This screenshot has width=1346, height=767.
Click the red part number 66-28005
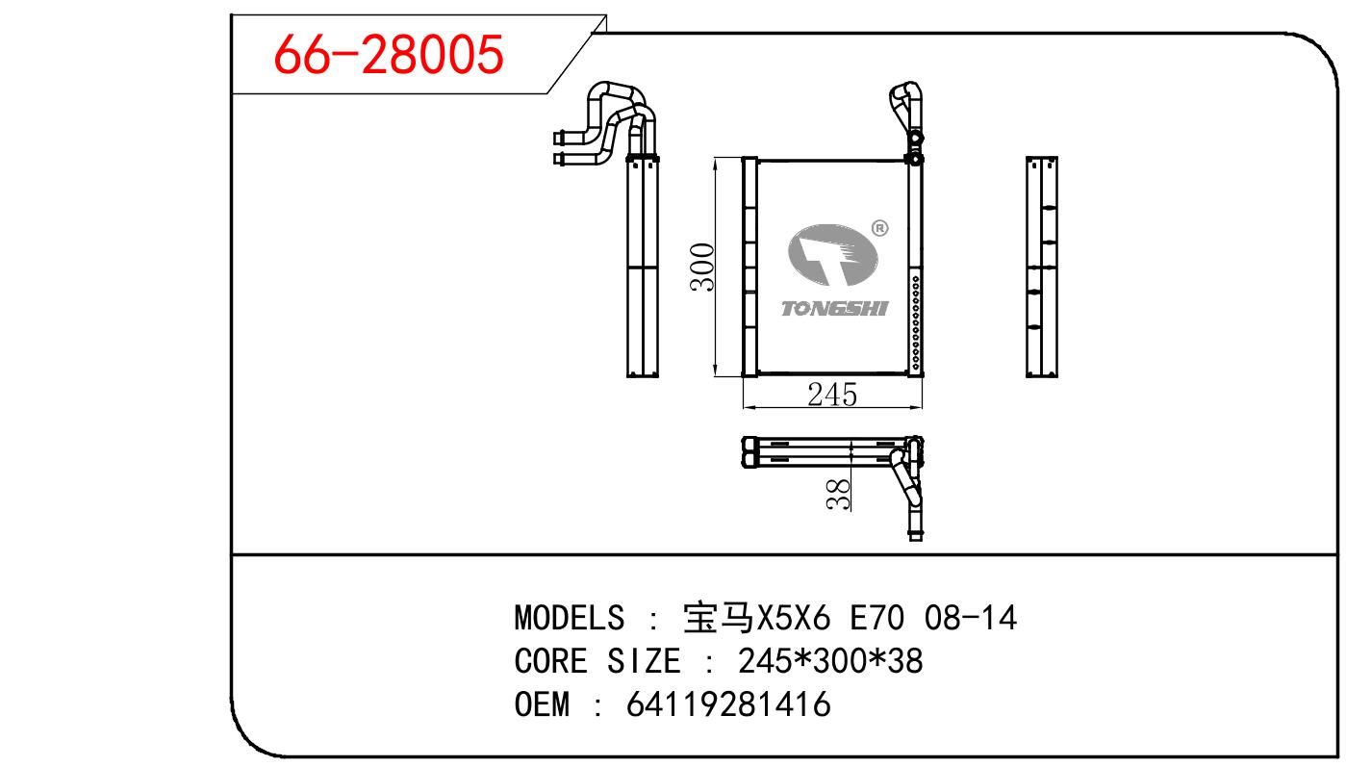pyautogui.click(x=388, y=54)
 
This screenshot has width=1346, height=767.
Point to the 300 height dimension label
pyautogui.click(x=702, y=267)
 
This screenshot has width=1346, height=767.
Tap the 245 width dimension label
pyautogui.click(x=832, y=395)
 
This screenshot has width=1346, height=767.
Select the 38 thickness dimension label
pyautogui.click(x=839, y=494)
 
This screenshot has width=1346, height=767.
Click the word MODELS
pyautogui.click(x=570, y=618)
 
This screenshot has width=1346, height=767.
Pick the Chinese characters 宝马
pyautogui.click(x=719, y=618)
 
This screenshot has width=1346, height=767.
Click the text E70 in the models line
pyautogui.click(x=876, y=618)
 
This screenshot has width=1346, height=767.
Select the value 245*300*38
pyautogui.click(x=830, y=660)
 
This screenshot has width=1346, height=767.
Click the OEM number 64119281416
pyautogui.click(x=728, y=703)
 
